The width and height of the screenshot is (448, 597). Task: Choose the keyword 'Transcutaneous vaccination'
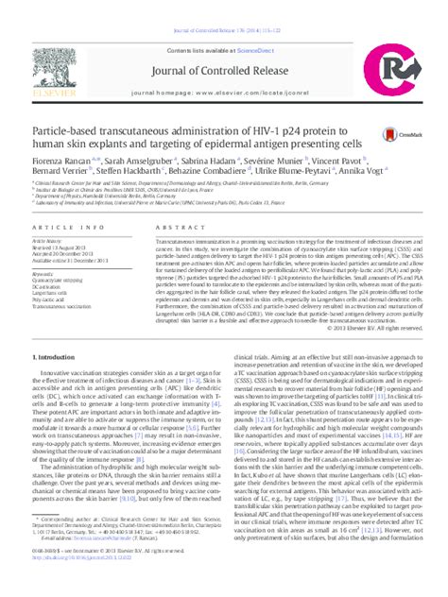[x=63, y=307]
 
